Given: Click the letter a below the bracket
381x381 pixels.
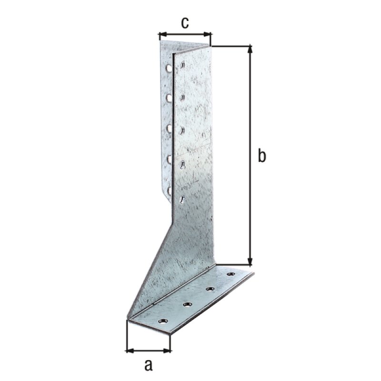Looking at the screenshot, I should click(x=148, y=365).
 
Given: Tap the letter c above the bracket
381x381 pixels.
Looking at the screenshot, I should click(x=185, y=22).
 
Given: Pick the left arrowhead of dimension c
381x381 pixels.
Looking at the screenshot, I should click(x=160, y=34).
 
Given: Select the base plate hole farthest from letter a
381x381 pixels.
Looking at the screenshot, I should click(x=232, y=274).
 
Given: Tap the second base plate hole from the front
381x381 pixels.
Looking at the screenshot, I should click(x=186, y=304).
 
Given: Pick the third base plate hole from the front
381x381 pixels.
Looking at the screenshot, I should click(x=210, y=289).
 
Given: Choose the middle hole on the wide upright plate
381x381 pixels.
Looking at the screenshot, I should click(x=183, y=130).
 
